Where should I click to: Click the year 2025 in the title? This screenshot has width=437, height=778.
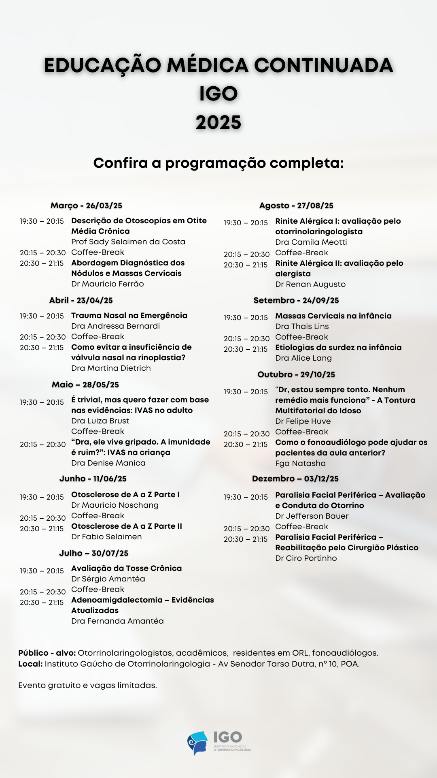tap(218, 122)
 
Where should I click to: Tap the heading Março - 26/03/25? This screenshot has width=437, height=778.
tap(86, 205)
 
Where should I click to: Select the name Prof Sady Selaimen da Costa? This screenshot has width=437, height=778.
tap(128, 242)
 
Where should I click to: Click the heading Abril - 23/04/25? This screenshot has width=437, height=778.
tap(81, 300)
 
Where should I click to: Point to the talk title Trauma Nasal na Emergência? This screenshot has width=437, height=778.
tap(129, 315)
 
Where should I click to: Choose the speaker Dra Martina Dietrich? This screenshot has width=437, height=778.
tap(111, 368)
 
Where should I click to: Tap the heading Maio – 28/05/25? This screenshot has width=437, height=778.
tap(85, 385)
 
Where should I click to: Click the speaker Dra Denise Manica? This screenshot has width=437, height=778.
tap(108, 463)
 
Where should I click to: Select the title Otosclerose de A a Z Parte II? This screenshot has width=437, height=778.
tap(127, 526)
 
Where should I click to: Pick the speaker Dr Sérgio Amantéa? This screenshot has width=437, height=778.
tap(108, 579)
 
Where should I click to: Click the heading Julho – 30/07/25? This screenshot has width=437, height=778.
tap(93, 553)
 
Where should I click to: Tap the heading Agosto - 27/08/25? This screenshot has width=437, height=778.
tap(296, 205)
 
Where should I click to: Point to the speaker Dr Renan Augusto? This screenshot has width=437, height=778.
tap(310, 284)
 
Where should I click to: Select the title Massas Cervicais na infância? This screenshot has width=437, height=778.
tap(333, 316)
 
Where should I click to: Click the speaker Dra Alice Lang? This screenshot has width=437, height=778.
tap(303, 358)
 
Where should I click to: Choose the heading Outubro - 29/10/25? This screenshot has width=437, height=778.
tap(296, 374)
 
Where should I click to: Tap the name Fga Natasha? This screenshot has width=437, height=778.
tap(300, 463)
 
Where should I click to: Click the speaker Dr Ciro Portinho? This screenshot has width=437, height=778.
tap(306, 558)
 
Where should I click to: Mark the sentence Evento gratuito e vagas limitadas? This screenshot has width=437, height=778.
tap(87, 685)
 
